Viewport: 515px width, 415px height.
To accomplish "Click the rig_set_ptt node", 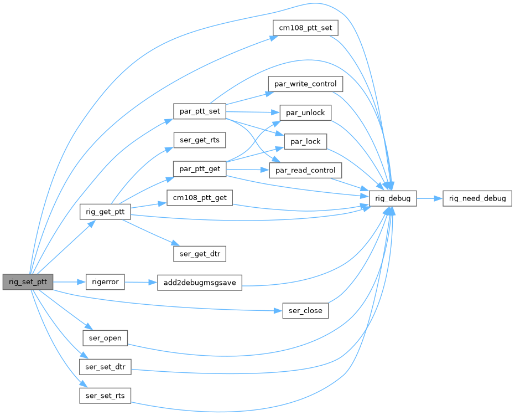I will (x=28, y=282).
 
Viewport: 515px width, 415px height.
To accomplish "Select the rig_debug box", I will (x=393, y=198).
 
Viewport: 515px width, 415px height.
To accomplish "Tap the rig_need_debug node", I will (x=477, y=198).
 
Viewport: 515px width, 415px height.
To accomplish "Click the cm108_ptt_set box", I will (x=305, y=27).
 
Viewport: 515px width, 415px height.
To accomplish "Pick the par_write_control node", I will (x=305, y=84).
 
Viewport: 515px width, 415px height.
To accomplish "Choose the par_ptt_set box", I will (x=200, y=111).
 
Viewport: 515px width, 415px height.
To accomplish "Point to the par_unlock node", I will (x=305, y=112).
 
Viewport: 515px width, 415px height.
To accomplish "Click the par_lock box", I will (x=305, y=141).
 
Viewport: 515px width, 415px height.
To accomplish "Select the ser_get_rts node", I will (x=200, y=140).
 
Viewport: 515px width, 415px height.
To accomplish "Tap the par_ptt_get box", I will (x=200, y=168).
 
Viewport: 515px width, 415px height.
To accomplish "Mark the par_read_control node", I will (x=305, y=170).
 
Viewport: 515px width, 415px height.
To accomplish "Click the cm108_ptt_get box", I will (x=200, y=198).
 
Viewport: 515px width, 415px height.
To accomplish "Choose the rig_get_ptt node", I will (x=105, y=212).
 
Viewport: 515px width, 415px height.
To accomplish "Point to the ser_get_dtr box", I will (x=200, y=254).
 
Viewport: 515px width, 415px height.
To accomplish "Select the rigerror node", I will (x=105, y=282).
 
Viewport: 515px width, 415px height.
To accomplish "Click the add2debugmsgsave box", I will (x=200, y=282).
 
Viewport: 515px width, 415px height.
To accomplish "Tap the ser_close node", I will (x=305, y=310).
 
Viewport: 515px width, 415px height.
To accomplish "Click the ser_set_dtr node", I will (x=105, y=366).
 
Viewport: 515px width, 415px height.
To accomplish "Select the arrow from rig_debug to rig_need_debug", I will (x=429, y=198).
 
